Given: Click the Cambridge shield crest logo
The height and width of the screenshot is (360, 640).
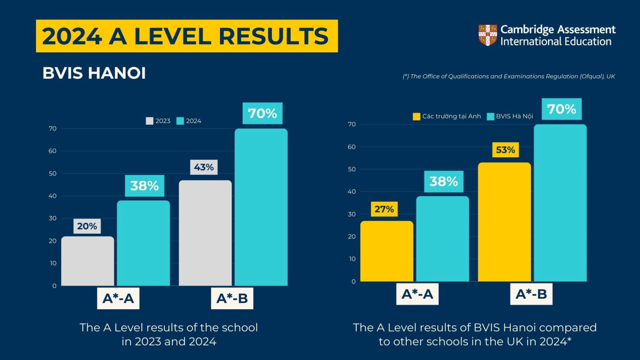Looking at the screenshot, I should click(x=488, y=35).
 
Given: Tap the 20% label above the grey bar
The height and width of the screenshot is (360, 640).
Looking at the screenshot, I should click(x=87, y=226).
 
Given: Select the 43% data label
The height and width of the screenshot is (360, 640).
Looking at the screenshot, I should click(x=204, y=168).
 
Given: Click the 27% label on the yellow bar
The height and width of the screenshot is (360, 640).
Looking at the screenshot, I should click(x=384, y=209).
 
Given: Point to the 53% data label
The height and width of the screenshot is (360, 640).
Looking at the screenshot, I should click(x=505, y=150).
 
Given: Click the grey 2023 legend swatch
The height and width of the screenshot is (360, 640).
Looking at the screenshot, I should click(x=150, y=121).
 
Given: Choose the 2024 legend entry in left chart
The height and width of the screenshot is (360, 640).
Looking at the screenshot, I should click(x=189, y=121).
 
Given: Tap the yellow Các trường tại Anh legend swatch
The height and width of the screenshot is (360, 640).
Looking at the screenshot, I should click(x=416, y=116).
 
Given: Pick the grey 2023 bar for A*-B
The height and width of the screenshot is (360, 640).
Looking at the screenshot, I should click(x=205, y=233).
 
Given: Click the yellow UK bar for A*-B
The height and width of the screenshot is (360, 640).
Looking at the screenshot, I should click(x=504, y=222).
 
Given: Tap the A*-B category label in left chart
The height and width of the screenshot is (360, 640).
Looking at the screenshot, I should click(x=232, y=299).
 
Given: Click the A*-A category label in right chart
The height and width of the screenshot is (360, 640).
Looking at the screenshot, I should click(x=417, y=294).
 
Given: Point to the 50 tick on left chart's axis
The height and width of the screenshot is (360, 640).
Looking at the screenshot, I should click(x=53, y=173).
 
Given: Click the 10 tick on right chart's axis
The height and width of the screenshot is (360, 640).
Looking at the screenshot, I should click(x=352, y=259).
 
